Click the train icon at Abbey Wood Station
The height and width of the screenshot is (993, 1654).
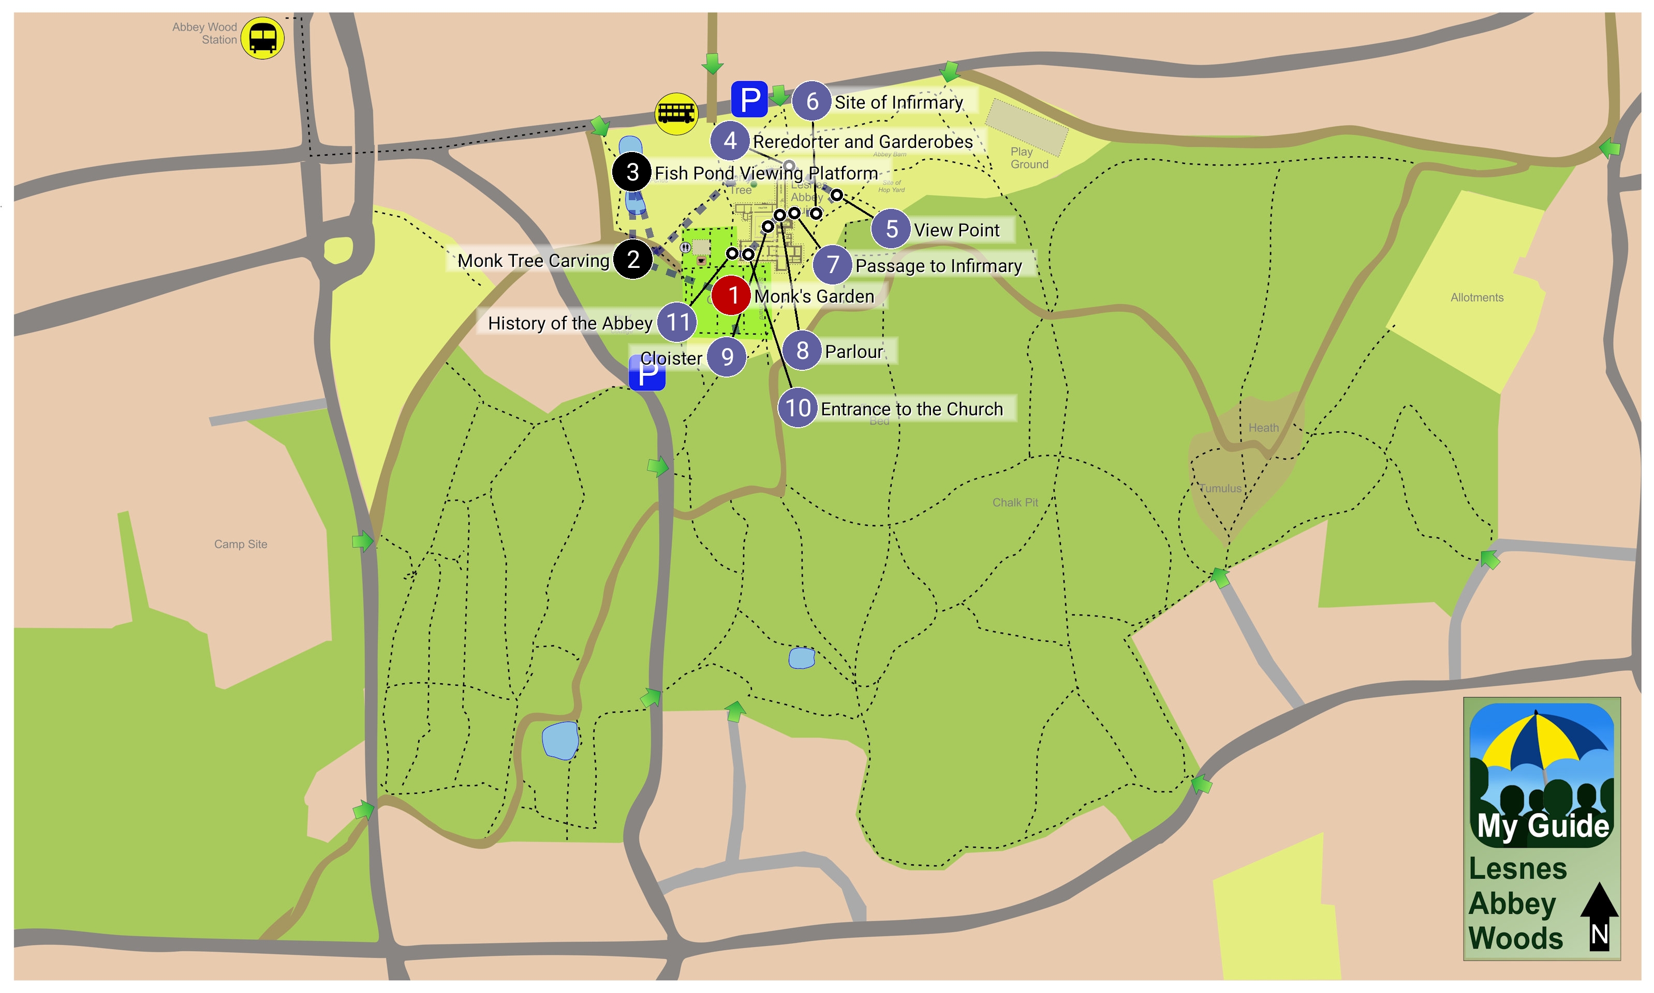[x=262, y=38]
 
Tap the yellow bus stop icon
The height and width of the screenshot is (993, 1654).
[x=676, y=114]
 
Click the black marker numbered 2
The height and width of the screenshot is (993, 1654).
[x=632, y=260]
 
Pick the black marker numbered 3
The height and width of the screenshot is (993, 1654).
[x=632, y=172]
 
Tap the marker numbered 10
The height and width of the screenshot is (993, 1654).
[x=796, y=408]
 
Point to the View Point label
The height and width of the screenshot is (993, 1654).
[x=956, y=230]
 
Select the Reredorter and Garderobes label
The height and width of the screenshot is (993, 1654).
[x=862, y=142]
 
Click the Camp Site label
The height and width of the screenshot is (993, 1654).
[x=240, y=545]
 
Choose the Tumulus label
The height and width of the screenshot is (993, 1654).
[x=1220, y=488]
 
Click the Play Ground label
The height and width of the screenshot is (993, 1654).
[x=1028, y=158]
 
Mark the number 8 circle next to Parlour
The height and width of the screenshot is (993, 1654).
[x=802, y=351]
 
